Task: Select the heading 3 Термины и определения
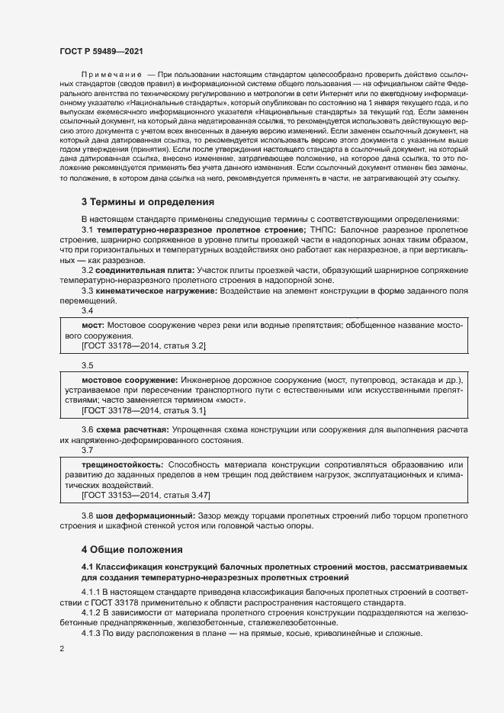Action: (x=147, y=202)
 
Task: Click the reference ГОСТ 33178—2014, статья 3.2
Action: (x=144, y=346)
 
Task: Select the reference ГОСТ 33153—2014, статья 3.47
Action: (x=146, y=495)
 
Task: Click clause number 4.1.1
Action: (x=91, y=590)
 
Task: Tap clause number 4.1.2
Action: (x=91, y=612)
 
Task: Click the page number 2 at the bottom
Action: (x=61, y=649)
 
